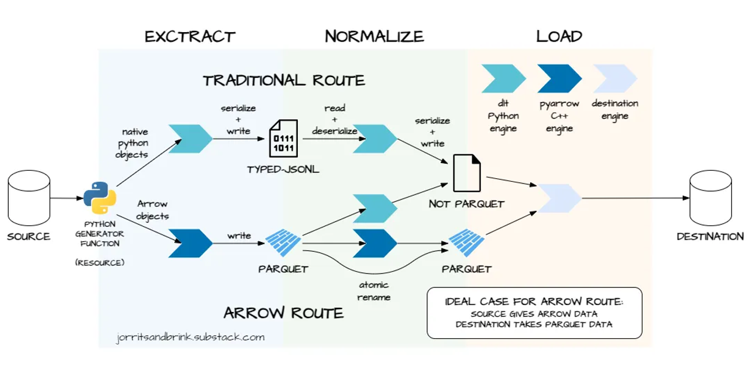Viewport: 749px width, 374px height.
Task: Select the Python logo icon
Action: (x=99, y=198)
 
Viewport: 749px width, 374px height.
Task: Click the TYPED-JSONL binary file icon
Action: (x=283, y=138)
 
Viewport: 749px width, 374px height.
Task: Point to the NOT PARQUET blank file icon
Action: (x=467, y=173)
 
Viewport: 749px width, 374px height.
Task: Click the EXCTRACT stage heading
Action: (x=190, y=37)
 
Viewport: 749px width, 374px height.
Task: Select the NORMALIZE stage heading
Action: (x=374, y=36)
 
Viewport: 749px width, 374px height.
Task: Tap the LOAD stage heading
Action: (x=559, y=36)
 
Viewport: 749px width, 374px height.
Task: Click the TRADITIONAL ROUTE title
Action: (x=284, y=80)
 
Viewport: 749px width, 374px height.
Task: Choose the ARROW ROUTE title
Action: (x=284, y=313)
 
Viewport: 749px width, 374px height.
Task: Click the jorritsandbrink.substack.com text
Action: (x=190, y=337)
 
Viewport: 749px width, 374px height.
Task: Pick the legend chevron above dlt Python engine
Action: (x=504, y=79)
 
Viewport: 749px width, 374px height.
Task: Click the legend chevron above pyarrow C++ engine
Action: (x=559, y=79)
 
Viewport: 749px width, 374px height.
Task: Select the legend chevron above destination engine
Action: (x=614, y=79)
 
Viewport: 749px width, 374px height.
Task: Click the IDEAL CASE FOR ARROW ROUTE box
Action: (x=534, y=313)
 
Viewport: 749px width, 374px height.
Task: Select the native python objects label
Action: (x=135, y=143)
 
